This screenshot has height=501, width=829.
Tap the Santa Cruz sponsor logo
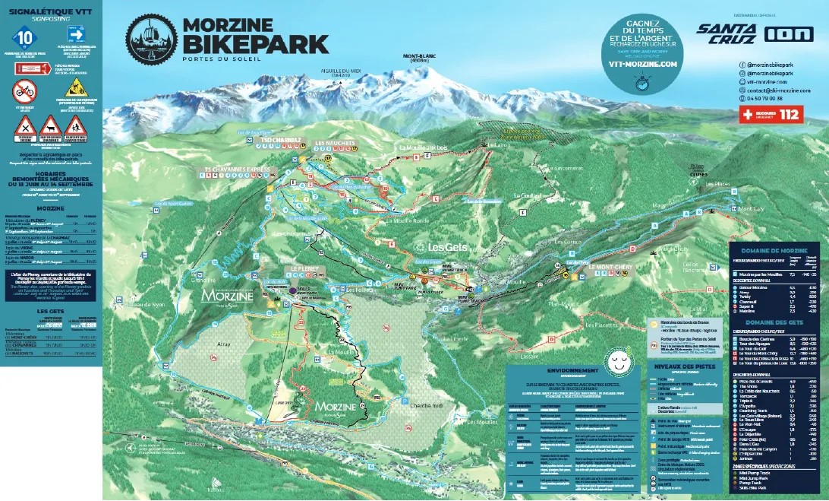pyautogui.click(x=727, y=33)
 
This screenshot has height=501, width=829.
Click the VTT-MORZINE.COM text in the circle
pyautogui.click(x=641, y=65)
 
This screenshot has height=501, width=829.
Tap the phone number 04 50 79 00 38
pyautogui.click(x=763, y=98)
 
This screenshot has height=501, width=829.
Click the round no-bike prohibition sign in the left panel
pyautogui.click(x=24, y=91)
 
